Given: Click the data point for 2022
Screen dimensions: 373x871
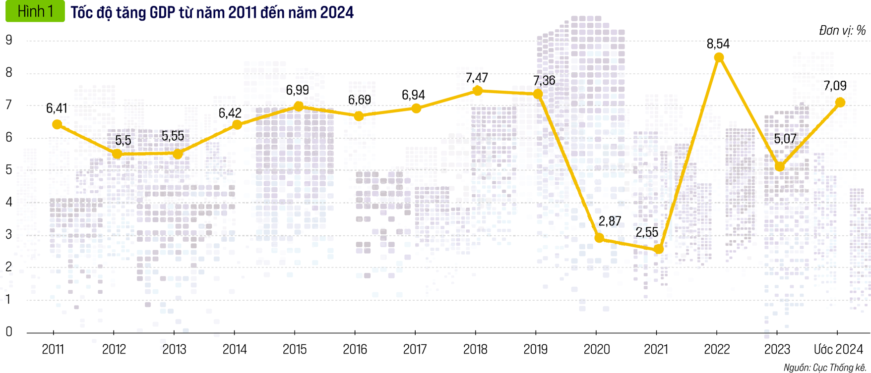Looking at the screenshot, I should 719,58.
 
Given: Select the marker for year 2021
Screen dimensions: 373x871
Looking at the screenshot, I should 659,249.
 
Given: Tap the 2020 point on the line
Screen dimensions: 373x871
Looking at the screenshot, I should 599,238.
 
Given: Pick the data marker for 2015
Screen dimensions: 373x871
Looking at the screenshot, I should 298,106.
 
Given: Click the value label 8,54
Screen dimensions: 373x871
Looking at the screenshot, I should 718,44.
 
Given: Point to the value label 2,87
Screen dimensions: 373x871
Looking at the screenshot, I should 610,221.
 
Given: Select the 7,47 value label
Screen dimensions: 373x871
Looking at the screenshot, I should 477,78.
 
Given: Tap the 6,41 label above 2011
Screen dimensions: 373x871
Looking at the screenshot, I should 57,108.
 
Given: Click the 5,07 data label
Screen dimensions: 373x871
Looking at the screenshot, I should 785,139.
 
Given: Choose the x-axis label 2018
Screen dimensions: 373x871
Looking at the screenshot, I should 475,350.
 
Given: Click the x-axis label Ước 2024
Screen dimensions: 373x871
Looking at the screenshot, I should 838,350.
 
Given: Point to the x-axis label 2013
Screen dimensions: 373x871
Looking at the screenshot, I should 174,350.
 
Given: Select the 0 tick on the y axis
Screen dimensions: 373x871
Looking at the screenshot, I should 9,332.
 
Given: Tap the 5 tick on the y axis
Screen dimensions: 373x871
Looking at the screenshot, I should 9,170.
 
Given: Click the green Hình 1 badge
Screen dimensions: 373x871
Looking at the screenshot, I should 35,11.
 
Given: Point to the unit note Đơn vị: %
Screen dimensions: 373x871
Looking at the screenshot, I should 842,31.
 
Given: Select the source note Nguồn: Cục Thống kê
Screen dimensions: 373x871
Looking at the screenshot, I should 825,368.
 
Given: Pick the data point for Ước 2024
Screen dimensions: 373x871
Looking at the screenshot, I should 840,103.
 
